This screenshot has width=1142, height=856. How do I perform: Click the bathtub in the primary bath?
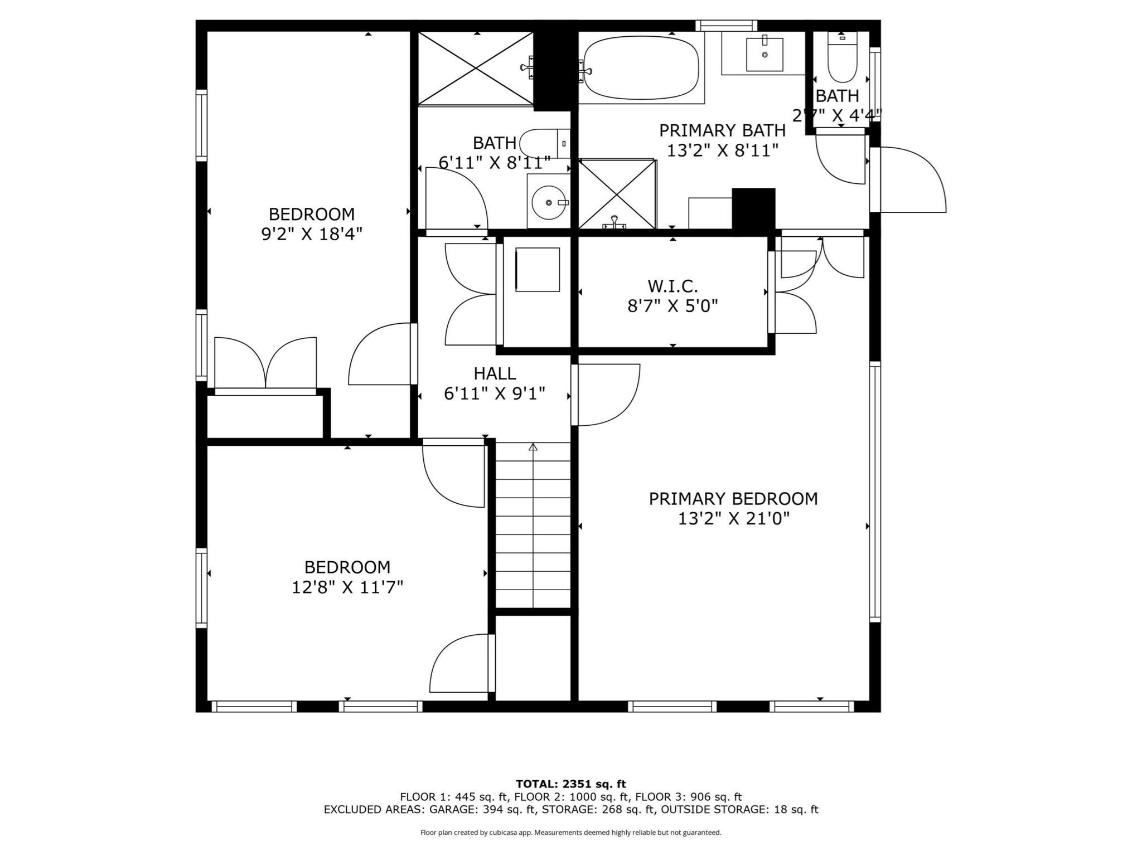click(x=641, y=67)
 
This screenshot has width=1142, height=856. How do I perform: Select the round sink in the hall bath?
click(x=549, y=203)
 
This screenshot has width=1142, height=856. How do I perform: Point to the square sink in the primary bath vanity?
click(x=764, y=55)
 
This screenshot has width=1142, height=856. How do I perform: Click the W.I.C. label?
click(x=672, y=286)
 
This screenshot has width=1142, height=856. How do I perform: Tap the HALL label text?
click(x=495, y=373)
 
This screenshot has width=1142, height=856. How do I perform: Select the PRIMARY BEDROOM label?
click(x=733, y=499)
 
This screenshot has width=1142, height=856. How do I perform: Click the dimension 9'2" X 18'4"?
click(x=312, y=234)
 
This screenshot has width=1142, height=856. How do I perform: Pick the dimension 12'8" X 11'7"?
click(x=347, y=587)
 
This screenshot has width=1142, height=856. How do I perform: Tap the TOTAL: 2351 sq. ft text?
click(x=570, y=784)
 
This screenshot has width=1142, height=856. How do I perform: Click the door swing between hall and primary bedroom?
click(x=608, y=395)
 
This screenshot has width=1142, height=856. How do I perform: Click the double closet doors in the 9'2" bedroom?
click(x=265, y=362)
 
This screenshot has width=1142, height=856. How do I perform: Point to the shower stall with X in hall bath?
click(x=476, y=68)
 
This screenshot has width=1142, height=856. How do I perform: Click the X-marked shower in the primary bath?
click(x=617, y=193)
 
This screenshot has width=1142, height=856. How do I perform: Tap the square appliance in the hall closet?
click(x=537, y=270)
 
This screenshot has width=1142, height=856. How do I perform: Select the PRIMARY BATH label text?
click(x=722, y=130)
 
